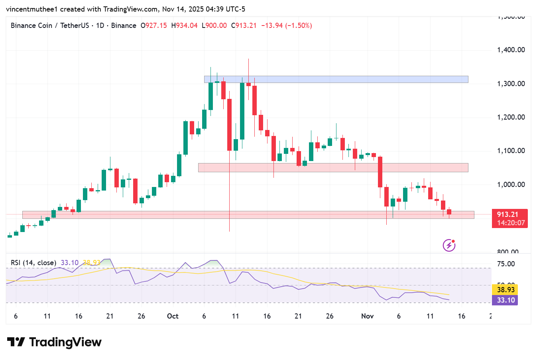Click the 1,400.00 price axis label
[511, 50]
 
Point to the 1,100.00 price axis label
[511, 151]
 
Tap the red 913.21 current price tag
[509, 218]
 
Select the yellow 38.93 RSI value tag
[506, 290]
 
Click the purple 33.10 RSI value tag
[506, 300]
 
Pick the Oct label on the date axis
[173, 316]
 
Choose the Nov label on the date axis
[367, 316]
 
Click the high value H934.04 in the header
[184, 26]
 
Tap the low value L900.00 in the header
[214, 26]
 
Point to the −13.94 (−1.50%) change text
[286, 26]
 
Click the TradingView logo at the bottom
[54, 342]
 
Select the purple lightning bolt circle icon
[449, 245]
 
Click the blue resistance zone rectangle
[336, 79]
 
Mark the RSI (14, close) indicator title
[33, 263]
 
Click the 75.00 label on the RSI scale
[506, 264]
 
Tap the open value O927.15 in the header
[154, 26]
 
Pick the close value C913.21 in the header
[244, 26]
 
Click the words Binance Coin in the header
[31, 26]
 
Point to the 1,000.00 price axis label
[511, 185]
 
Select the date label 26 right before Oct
[141, 316]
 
